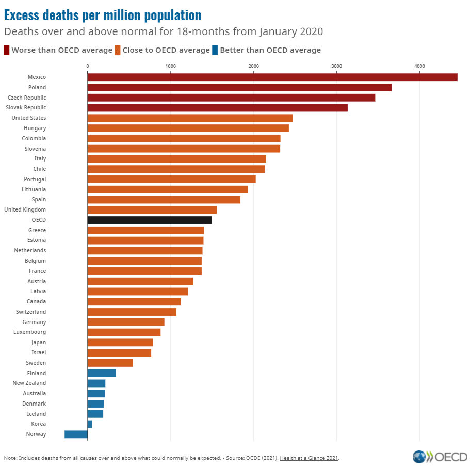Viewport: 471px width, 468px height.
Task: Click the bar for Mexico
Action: pyautogui.click(x=272, y=77)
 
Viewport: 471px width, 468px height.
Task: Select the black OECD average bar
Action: pyautogui.click(x=150, y=220)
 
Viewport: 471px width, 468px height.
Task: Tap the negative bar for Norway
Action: pyautogui.click(x=76, y=434)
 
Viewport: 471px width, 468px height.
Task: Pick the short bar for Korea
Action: pyautogui.click(x=90, y=424)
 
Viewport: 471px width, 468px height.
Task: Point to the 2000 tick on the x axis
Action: pyautogui.click(x=253, y=66)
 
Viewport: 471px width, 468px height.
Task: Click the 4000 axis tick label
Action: pyautogui.click(x=419, y=66)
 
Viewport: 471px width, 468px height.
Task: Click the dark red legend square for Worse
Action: pyautogui.click(x=7, y=50)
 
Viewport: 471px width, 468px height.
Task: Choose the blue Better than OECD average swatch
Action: pyautogui.click(x=215, y=50)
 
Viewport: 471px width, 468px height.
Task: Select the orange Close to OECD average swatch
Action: pyautogui.click(x=118, y=50)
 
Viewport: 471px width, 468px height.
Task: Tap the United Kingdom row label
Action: pyautogui.click(x=25, y=209)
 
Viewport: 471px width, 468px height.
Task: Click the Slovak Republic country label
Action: pyautogui.click(x=26, y=108)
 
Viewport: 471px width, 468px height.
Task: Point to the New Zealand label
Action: pyautogui.click(x=29, y=383)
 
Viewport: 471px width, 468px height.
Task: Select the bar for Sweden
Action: pyautogui.click(x=110, y=363)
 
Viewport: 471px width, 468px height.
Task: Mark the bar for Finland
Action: pyautogui.click(x=102, y=373)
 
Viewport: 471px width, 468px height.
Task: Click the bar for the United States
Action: pyautogui.click(x=190, y=118)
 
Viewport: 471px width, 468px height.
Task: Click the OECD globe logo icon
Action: pyautogui.click(x=419, y=457)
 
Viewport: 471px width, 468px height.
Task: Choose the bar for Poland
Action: pyautogui.click(x=239, y=88)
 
